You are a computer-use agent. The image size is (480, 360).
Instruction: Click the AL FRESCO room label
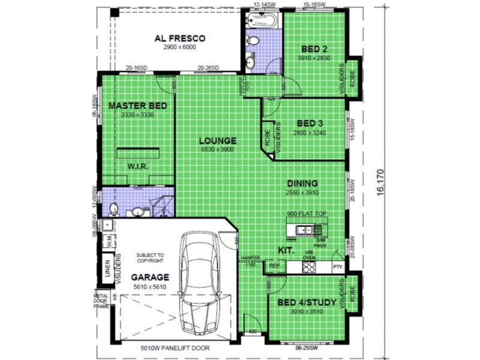179,38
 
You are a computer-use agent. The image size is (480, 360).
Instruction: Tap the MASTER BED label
137,106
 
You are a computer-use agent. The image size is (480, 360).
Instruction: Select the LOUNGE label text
218,141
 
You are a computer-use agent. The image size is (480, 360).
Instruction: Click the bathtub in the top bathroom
262,22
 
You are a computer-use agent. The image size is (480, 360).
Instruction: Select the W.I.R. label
137,167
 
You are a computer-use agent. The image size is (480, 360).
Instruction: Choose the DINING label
302,184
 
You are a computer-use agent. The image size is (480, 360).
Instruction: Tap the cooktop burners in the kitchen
308,266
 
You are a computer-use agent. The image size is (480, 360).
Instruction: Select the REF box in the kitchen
275,265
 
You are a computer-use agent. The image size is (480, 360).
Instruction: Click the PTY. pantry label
338,266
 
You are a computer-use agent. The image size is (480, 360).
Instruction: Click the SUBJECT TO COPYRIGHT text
149,258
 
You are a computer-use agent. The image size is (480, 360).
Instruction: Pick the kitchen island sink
304,229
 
